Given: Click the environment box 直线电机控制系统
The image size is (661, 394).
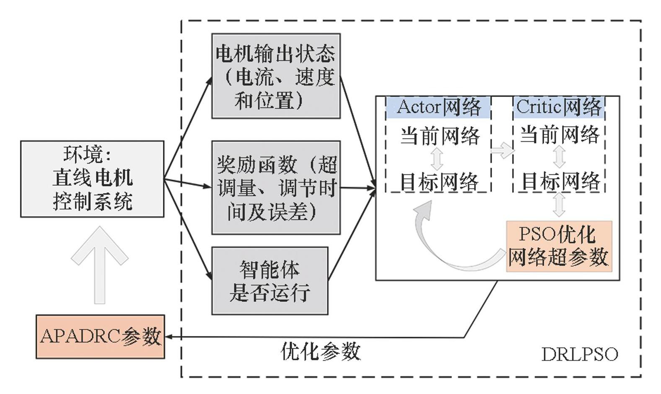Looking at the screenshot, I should (x=92, y=179).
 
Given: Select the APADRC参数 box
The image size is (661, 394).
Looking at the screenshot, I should (x=100, y=337).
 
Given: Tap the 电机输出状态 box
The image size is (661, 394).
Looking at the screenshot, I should (x=276, y=76).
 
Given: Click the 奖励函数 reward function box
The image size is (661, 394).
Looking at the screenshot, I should (x=276, y=188).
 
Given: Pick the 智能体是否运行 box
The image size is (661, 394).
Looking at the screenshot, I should (x=270, y=281).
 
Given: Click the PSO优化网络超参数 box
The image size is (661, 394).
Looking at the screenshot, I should (x=559, y=246).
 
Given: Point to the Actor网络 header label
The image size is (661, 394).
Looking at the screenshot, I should (x=438, y=107).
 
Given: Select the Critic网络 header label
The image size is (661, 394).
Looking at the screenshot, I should (x=559, y=107).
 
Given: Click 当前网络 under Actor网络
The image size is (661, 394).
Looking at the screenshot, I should (x=439, y=136).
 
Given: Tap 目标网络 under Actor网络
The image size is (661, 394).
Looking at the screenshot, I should (x=438, y=181).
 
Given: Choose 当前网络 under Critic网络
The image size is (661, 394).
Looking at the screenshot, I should (x=560, y=135).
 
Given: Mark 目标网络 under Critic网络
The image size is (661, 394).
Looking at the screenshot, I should (x=560, y=181).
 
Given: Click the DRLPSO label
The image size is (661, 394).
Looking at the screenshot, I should (x=580, y=355).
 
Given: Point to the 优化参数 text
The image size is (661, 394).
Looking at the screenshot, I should (x=321, y=351).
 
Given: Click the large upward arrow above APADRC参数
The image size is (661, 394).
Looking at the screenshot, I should (x=100, y=264).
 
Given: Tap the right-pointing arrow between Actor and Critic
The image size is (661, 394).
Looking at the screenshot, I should (x=502, y=150).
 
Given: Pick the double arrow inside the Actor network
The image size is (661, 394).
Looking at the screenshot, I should (x=437, y=158).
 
